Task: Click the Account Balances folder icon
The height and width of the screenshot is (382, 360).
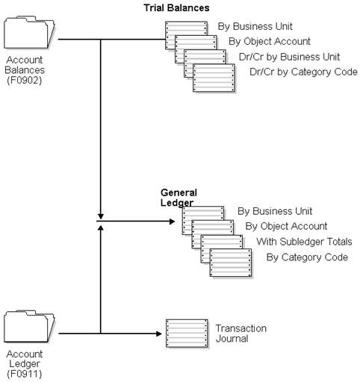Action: click(x=29, y=34)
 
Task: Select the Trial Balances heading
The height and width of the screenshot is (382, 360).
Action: click(x=176, y=7)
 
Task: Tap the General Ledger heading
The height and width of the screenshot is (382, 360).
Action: click(x=179, y=198)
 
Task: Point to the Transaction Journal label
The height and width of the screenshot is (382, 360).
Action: click(x=240, y=334)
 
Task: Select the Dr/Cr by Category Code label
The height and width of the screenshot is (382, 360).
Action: click(x=304, y=72)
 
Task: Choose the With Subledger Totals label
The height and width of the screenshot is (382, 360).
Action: click(x=304, y=242)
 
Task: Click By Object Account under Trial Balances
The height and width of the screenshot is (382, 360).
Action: click(x=269, y=42)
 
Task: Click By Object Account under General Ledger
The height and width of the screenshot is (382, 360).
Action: click(x=286, y=226)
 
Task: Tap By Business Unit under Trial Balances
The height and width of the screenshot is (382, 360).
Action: click(x=254, y=26)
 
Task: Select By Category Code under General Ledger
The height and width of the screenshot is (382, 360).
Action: click(x=307, y=257)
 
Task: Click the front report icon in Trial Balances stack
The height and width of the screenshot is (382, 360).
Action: click(x=214, y=78)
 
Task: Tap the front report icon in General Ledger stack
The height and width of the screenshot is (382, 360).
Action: click(x=231, y=263)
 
